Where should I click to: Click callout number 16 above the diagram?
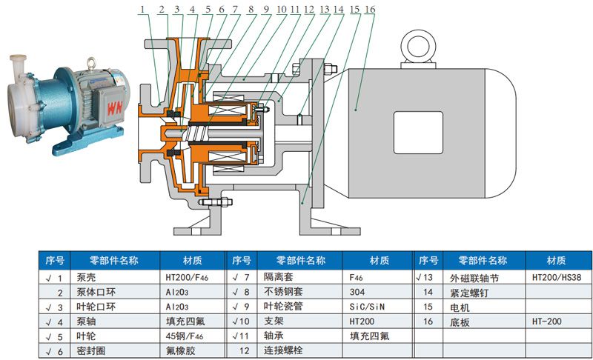pyautogui.click(x=370, y=10)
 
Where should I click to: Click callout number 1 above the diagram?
pyautogui.click(x=142, y=10)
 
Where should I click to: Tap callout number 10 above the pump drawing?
pyautogui.click(x=280, y=10)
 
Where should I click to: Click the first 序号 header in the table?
pyautogui.click(x=55, y=260)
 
